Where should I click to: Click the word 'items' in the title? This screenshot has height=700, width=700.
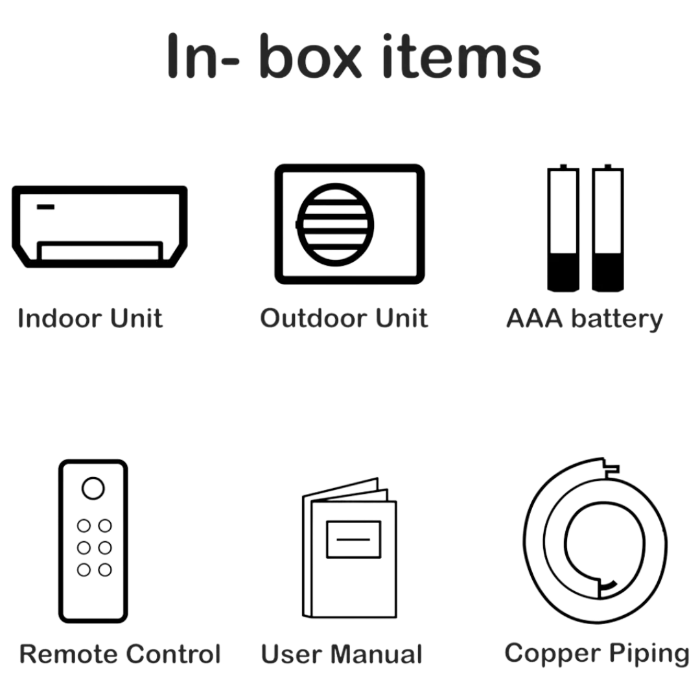tap(461, 56)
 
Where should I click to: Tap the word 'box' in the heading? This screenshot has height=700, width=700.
tap(310, 56)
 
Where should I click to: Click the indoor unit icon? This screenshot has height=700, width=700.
tap(100, 227)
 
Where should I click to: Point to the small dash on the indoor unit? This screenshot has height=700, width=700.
tap(45, 207)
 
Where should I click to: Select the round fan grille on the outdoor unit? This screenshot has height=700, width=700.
tap(335, 224)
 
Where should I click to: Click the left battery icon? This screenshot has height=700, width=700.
tap(563, 228)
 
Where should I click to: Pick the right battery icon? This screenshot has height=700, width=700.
tap(607, 228)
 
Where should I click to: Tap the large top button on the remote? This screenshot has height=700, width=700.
tap(93, 489)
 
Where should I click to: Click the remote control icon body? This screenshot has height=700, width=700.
tap(93, 541)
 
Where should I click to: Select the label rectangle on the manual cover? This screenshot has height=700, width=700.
tap(354, 539)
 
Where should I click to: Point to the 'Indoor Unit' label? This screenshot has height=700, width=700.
tap(89, 318)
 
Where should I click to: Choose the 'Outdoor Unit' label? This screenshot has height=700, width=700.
tap(344, 318)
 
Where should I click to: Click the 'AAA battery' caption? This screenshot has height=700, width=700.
tap(585, 320)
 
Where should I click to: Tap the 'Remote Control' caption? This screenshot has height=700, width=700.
tap(120, 655)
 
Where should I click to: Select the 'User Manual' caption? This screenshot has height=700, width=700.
tap(342, 655)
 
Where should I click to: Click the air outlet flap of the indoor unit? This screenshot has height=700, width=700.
tap(100, 251)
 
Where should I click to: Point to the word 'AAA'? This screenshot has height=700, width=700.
tap(534, 318)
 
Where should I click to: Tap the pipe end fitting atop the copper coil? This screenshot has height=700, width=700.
tap(611, 468)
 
